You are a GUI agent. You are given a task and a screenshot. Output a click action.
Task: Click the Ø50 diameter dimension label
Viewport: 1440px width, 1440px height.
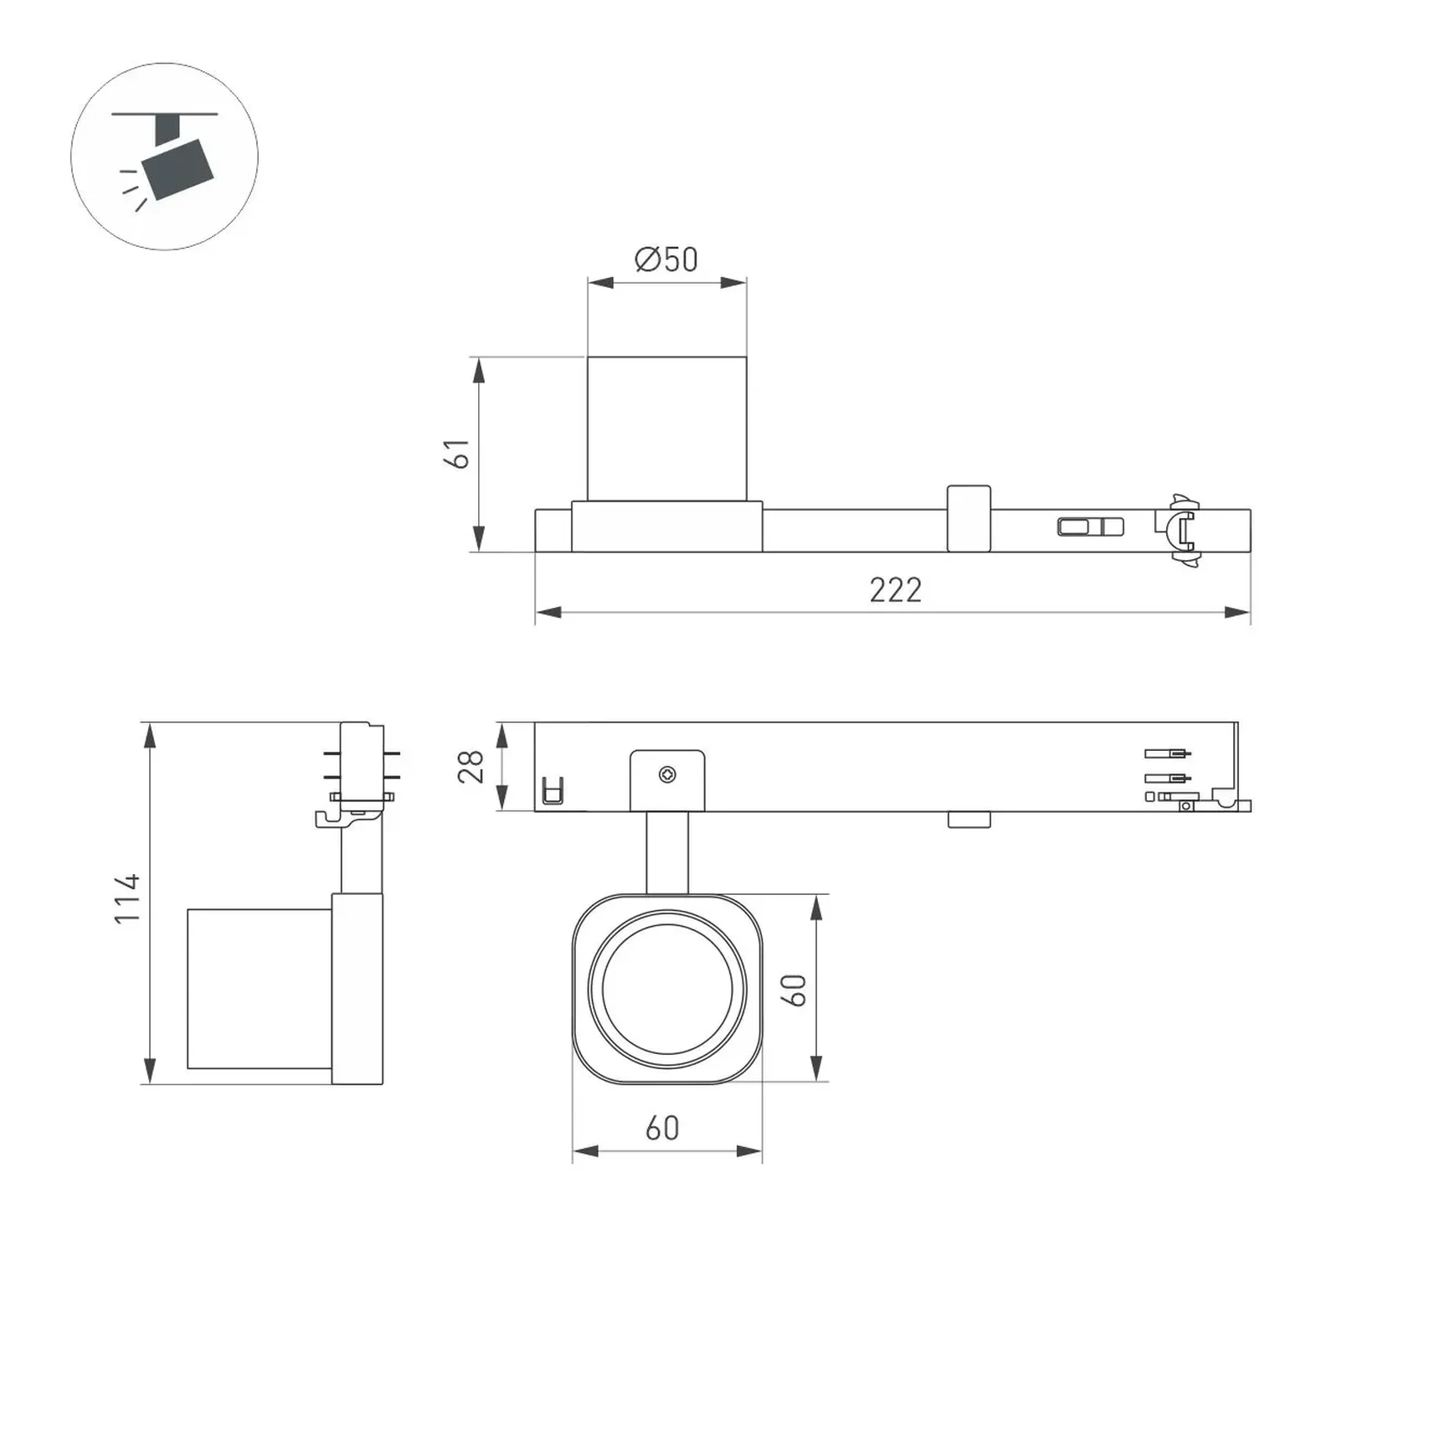pyautogui.click(x=666, y=260)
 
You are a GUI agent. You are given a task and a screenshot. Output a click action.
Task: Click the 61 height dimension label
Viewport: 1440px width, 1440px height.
pyautogui.click(x=457, y=454)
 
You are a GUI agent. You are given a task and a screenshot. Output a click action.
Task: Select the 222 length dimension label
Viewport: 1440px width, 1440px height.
pyautogui.click(x=895, y=590)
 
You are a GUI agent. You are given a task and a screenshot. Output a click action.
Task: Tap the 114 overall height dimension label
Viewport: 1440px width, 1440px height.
pyautogui.click(x=128, y=898)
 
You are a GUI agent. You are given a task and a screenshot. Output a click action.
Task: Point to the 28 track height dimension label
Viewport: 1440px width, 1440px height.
pyautogui.click(x=471, y=766)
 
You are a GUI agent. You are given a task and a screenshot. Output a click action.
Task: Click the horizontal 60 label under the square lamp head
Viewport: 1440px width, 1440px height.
pyautogui.click(x=662, y=1129)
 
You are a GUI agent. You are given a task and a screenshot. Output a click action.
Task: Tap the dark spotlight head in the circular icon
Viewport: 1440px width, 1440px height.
pyautogui.click(x=177, y=171)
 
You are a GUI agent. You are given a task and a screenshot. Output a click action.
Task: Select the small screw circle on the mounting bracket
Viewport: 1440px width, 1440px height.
pyautogui.click(x=667, y=774)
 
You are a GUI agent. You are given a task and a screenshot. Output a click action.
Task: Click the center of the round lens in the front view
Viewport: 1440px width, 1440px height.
pyautogui.click(x=667, y=989)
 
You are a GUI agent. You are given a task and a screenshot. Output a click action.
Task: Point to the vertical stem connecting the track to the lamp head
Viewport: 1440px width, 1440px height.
pyautogui.click(x=667, y=852)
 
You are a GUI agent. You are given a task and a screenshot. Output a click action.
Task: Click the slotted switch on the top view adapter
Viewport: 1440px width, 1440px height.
pyautogui.click(x=1090, y=527)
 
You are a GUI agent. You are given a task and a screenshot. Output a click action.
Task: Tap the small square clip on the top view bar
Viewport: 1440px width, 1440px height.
pyautogui.click(x=969, y=518)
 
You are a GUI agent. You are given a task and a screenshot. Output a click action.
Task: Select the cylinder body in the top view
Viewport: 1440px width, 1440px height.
pyautogui.click(x=666, y=429)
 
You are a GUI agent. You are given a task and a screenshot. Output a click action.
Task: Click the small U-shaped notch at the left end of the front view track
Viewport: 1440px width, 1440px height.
pyautogui.click(x=553, y=790)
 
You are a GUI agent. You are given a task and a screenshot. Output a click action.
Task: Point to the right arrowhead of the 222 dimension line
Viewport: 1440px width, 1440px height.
pyautogui.click(x=1237, y=613)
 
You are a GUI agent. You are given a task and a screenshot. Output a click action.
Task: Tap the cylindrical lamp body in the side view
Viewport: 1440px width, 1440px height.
pyautogui.click(x=259, y=989)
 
